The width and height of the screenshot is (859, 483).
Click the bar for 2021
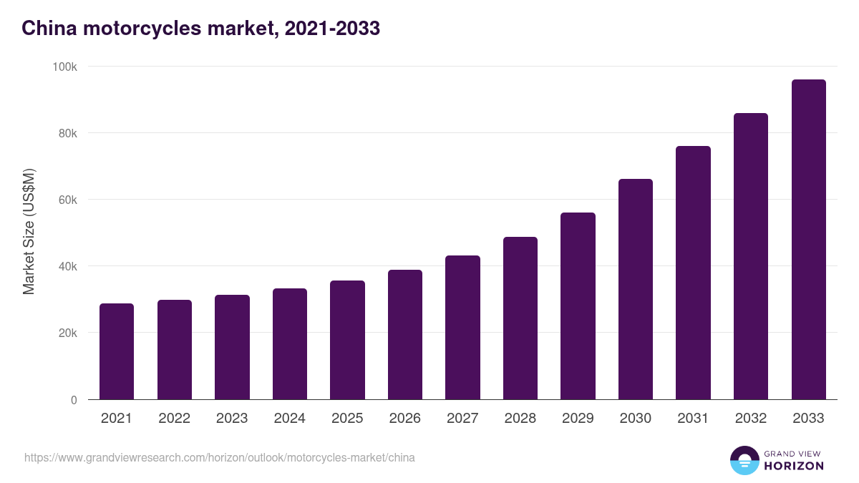pos(117,351)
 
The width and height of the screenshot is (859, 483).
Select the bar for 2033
pos(808,240)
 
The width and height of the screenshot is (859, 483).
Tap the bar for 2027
pos(462,328)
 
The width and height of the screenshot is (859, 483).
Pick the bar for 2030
pos(636,289)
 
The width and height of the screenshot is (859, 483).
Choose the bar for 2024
pos(290,344)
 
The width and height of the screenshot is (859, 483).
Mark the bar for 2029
pos(578,306)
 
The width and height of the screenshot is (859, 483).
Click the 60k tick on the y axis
pos(68,200)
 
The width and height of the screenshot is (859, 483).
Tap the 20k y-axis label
pos(68,333)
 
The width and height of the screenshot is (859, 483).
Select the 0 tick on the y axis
pos(74,400)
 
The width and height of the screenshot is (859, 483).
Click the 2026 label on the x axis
pos(405,419)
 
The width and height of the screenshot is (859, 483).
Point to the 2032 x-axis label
pos(751,419)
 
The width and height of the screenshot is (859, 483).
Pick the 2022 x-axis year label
pos(175,419)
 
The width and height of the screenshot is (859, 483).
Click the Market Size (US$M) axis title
pos(29,233)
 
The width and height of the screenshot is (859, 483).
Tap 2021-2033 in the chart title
pos(332,28)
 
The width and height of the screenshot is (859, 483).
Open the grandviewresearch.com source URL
pos(220,457)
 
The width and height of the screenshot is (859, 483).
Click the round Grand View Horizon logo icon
pos(744,461)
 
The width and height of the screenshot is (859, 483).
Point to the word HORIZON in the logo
pos(794,466)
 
